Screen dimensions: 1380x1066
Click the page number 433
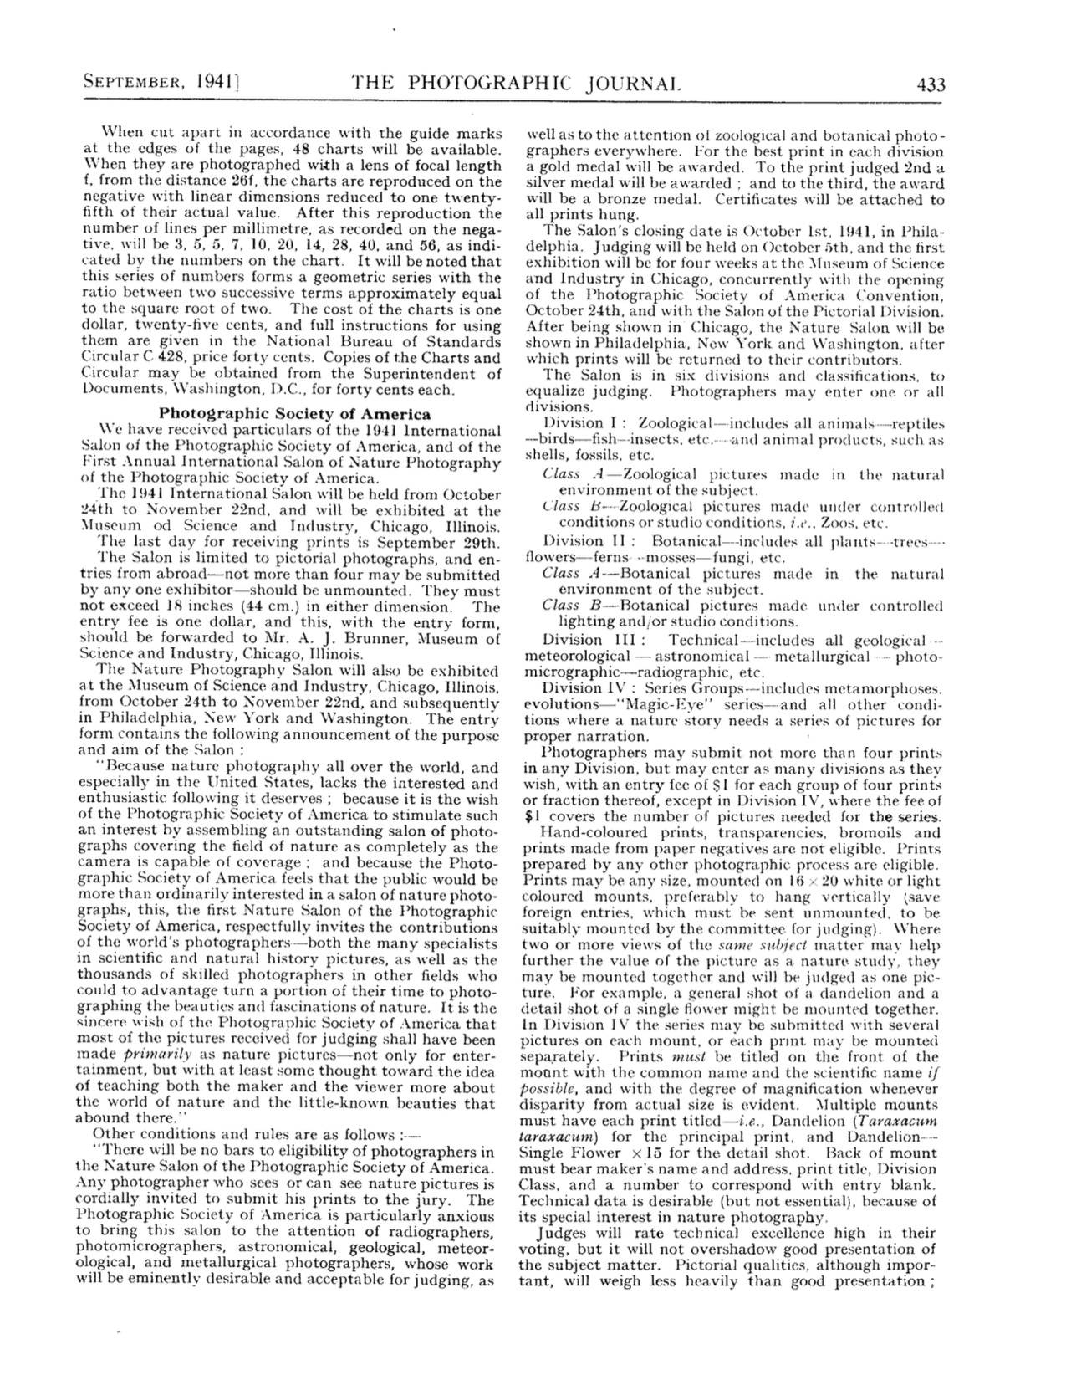930,84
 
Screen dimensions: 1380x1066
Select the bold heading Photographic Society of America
295,413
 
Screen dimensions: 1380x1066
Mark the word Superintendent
416,373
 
